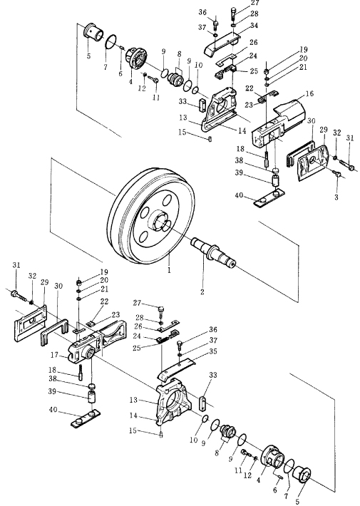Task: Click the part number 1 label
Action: [x=169, y=270]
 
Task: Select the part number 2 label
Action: [x=202, y=291]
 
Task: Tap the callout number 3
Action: [x=336, y=197]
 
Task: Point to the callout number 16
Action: [x=309, y=93]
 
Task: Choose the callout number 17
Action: [x=54, y=355]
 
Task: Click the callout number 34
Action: [x=254, y=25]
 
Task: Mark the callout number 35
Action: [x=213, y=351]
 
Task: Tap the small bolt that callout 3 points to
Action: [x=336, y=174]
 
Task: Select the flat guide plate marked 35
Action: [x=177, y=367]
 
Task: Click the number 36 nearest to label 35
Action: [x=213, y=329]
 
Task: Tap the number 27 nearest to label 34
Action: [x=254, y=3]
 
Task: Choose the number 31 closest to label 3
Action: [x=350, y=138]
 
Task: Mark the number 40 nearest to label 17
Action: [x=53, y=410]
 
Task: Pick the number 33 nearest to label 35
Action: [x=212, y=375]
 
